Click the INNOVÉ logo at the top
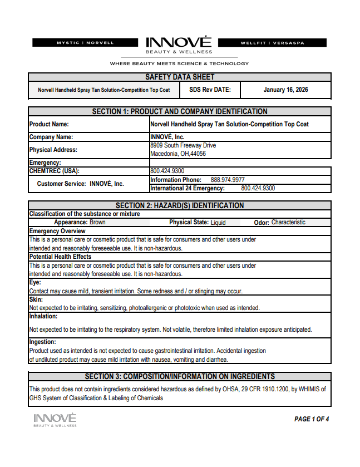click(179, 43)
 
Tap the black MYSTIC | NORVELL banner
click(85, 42)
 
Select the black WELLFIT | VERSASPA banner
click(272, 42)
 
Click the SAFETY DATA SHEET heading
click(180, 77)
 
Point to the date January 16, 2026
click(285, 90)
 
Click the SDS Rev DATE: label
click(206, 90)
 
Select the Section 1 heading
click(180, 111)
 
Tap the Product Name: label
click(49, 125)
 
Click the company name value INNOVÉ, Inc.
click(167, 136)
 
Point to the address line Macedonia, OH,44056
click(178, 154)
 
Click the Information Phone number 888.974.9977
click(228, 180)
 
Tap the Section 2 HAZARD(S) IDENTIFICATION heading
click(180, 205)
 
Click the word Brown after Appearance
click(97, 222)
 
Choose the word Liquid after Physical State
click(218, 223)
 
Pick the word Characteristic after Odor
click(288, 222)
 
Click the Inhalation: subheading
click(43, 316)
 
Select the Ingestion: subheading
click(42, 342)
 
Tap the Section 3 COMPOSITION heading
click(180, 376)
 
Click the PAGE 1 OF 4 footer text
click(312, 419)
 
